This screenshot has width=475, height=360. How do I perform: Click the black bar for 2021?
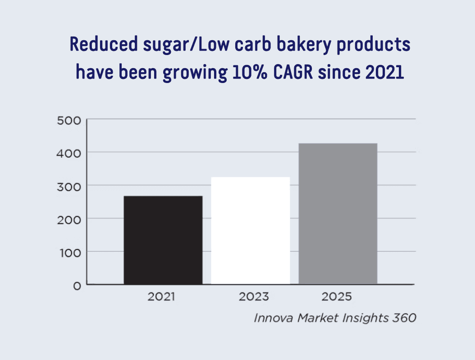pos(163,240)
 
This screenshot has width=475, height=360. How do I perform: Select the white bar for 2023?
pos(251,231)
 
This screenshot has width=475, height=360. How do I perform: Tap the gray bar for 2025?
pos(338,213)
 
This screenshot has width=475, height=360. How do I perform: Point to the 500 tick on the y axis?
pos(69,121)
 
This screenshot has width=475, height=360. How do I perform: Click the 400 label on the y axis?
pos(69,153)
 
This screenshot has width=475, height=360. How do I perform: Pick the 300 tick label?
pos(69,187)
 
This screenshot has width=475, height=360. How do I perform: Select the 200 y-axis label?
pos(69,220)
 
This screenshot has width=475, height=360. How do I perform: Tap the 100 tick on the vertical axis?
pos(71,253)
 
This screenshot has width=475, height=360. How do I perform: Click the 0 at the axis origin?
pos(77,286)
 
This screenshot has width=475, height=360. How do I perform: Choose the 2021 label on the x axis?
pos(161,296)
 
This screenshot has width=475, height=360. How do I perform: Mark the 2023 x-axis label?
pos(254,296)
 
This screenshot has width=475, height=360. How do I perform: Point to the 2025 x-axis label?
pos(337,296)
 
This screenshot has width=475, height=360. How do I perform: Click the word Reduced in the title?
pos(104,44)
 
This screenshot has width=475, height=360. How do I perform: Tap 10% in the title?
pos(250,72)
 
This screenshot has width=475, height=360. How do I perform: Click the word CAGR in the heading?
pos(293,72)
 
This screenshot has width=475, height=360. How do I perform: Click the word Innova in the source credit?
pos(274,318)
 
